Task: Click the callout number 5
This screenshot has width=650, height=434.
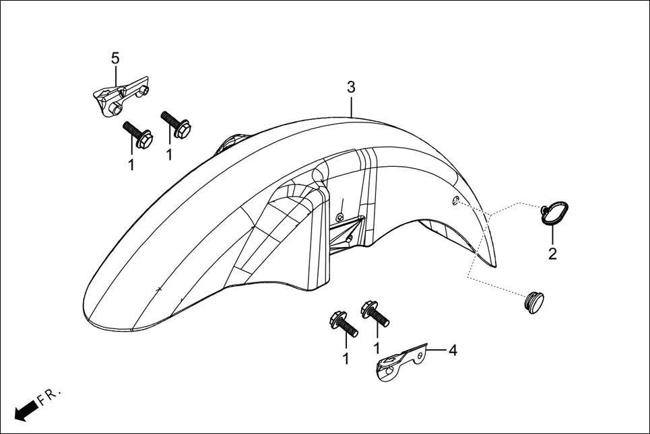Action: (115, 59)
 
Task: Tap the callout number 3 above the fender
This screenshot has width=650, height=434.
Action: (351, 87)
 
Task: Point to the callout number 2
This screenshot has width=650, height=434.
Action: (552, 254)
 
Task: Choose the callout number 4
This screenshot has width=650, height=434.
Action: (453, 350)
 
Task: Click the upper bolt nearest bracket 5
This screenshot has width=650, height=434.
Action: (137, 135)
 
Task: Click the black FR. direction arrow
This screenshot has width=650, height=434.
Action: (25, 410)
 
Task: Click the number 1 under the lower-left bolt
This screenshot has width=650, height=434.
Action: (346, 359)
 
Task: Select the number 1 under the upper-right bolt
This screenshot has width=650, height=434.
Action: (169, 155)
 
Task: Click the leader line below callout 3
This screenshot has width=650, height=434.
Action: (351, 106)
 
